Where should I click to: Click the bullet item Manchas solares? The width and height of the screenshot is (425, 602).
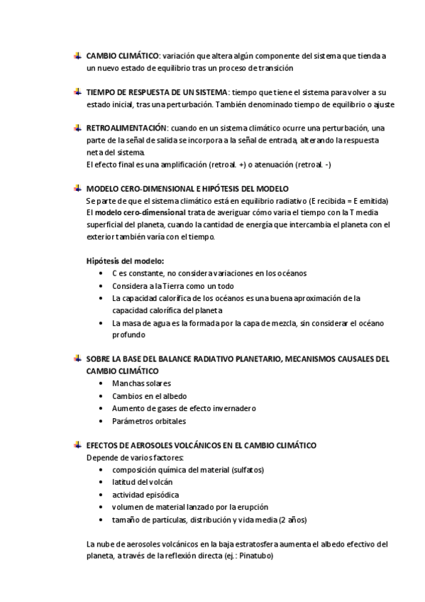coord(141,383)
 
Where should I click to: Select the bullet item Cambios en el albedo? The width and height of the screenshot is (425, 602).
coord(149,396)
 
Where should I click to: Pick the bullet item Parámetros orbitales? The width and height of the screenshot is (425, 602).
coord(149,421)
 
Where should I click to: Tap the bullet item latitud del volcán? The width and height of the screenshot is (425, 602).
coord(142,482)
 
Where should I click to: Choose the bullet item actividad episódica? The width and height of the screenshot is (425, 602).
coord(145,494)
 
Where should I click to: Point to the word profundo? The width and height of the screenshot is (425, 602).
coord(129,335)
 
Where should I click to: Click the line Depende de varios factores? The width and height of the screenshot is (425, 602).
coord(134,457)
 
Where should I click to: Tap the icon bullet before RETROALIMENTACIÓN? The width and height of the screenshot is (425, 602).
coord(77,128)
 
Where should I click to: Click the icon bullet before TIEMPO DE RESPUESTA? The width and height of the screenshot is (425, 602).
coord(77,92)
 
